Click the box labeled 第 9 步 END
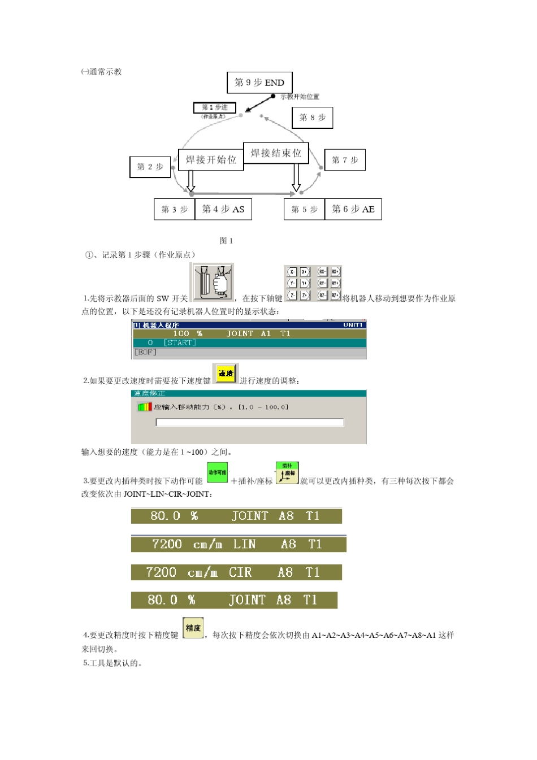[x=259, y=82]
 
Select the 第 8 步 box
[x=312, y=118]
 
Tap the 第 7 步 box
[x=345, y=160]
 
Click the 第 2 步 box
[x=150, y=167]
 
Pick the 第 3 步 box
[x=174, y=209]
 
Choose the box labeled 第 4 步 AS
[x=223, y=209]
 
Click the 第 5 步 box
[x=304, y=209]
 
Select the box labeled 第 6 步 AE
[x=353, y=209]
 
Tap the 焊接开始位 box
[x=211, y=160]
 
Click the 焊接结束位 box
[x=276, y=153]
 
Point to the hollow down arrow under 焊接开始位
[x=191, y=181]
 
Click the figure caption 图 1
[x=226, y=241]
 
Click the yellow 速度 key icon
[x=226, y=374]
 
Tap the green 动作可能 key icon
[x=217, y=472]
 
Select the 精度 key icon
[x=193, y=628]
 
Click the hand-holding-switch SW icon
[x=211, y=282]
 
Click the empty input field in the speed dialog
[x=249, y=422]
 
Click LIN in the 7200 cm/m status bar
[x=244, y=544]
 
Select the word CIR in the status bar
[x=240, y=572]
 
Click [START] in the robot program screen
[x=180, y=343]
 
